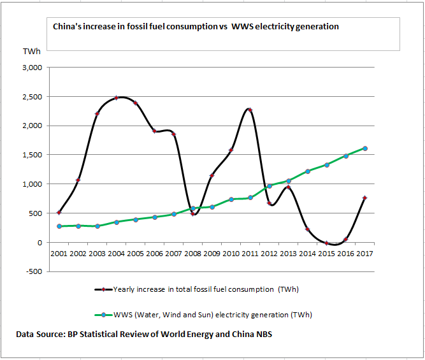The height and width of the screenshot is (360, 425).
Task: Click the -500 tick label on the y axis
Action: [x=32, y=271]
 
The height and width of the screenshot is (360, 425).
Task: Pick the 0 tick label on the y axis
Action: [x=39, y=243]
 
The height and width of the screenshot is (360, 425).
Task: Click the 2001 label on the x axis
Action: [x=59, y=254]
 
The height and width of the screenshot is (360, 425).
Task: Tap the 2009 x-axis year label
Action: [x=212, y=254]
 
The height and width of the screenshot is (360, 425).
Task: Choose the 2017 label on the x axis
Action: [x=364, y=254]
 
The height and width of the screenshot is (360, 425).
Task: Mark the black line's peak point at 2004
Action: [x=117, y=98]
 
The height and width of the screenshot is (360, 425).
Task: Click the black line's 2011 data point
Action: [x=250, y=110]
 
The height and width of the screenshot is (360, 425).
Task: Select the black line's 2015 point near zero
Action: [x=326, y=243]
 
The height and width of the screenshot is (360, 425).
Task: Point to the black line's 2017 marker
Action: [x=364, y=198]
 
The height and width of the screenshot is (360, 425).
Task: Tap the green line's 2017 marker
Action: [x=364, y=148]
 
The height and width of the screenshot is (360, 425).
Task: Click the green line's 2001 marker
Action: [x=59, y=226]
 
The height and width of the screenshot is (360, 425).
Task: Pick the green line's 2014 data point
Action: [x=307, y=171]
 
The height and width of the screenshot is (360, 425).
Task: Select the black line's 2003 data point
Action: [x=97, y=114]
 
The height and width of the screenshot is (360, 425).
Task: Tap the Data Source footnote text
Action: [x=144, y=334]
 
